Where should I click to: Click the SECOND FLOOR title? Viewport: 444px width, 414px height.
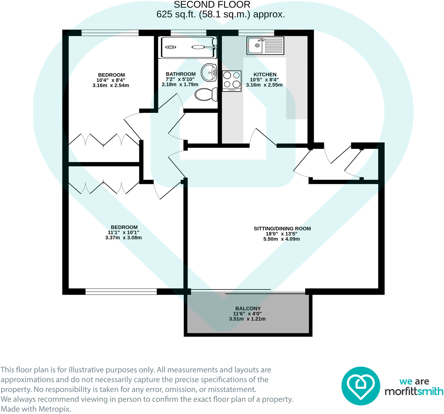pos(212,5)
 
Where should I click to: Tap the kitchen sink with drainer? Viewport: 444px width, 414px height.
pos(265,45)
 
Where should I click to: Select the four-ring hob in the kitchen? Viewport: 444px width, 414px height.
pos(232,81)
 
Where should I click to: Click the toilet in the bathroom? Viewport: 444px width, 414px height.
pos(206,94)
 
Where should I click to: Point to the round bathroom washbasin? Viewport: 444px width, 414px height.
pos(209,72)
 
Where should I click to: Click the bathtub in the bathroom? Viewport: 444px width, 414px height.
pos(188,47)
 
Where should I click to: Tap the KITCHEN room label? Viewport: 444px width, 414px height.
pos(265,74)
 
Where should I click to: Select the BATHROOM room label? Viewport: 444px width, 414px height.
pos(181,74)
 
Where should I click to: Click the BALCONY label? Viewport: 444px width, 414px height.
pos(248,309)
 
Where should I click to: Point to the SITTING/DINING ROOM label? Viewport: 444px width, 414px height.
pos(282,229)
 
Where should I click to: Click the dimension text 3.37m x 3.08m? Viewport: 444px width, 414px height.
pos(124,238)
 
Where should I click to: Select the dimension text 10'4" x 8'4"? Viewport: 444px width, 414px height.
pos(111,80)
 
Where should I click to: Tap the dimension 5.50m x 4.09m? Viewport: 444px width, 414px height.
pos(281,239)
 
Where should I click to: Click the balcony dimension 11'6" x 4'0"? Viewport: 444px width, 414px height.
pos(247,314)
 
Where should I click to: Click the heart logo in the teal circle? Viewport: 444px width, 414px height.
pos(360,386)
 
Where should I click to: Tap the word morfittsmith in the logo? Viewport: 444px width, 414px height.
pos(414,391)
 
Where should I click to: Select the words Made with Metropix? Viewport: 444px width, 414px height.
pos(36,409)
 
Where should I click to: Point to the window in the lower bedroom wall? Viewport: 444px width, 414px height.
pos(121,291)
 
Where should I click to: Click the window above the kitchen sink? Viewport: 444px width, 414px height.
pos(256,33)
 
